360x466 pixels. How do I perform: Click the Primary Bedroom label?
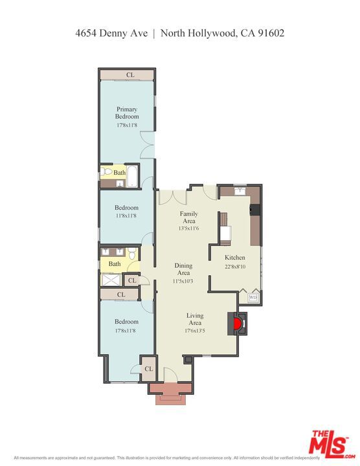tap(127, 113)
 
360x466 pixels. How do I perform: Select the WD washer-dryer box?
tap(253, 296)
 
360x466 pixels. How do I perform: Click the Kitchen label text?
tap(235, 258)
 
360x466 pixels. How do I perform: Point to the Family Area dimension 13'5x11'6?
tap(188, 228)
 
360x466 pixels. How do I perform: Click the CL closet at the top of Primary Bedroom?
tap(130, 75)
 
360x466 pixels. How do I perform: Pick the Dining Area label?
tap(183, 269)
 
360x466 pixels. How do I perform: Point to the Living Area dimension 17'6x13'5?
tap(194, 331)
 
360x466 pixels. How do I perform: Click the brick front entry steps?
tap(170, 393)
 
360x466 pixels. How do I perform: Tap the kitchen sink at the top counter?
tap(240, 190)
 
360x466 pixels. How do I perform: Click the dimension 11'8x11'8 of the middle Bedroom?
tap(126, 216)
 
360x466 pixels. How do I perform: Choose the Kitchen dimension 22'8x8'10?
tap(235, 266)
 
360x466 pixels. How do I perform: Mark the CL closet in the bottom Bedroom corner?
tap(148, 368)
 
